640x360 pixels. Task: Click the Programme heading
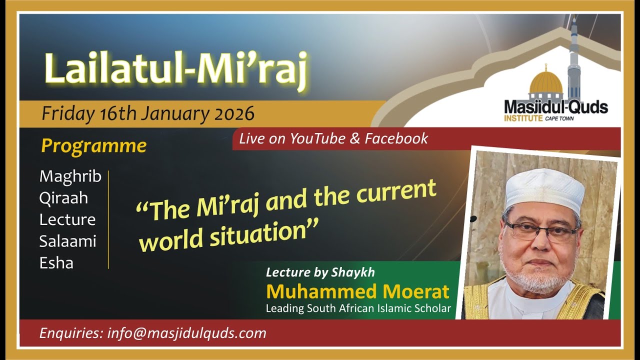(x=93, y=145)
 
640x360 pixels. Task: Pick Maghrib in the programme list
(x=70, y=176)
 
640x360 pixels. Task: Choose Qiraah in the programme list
(x=63, y=198)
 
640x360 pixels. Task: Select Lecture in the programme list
(x=67, y=219)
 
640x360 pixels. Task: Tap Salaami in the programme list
(x=67, y=241)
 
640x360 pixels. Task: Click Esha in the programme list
(x=56, y=263)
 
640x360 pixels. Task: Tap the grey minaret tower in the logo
(x=574, y=60)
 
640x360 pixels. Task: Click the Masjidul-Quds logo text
(x=555, y=107)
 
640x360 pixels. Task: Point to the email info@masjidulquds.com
(x=186, y=333)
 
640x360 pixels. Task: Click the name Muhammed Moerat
(x=357, y=291)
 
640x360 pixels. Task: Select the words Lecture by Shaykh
(x=320, y=272)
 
